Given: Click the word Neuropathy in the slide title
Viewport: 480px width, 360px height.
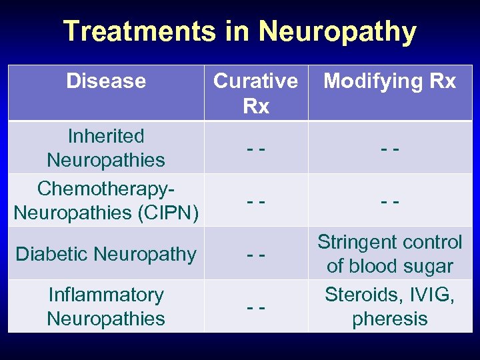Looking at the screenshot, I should pyautogui.click(x=337, y=31).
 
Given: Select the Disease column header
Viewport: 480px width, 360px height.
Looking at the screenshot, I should pyautogui.click(x=106, y=81).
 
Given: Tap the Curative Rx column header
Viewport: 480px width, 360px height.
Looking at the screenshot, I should pyautogui.click(x=256, y=93).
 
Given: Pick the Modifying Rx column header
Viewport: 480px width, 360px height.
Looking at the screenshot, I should pyautogui.click(x=390, y=81).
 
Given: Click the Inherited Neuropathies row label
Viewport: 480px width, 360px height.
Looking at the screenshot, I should pyautogui.click(x=106, y=148).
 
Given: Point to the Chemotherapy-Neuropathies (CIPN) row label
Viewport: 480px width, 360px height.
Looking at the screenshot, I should pyautogui.click(x=106, y=201).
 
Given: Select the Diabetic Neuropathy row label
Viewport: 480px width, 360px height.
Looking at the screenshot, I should pyautogui.click(x=106, y=254).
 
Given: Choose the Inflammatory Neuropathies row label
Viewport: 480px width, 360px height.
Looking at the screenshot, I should pyautogui.click(x=106, y=307).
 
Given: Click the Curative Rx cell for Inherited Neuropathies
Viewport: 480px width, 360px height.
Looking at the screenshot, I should pyautogui.click(x=256, y=148).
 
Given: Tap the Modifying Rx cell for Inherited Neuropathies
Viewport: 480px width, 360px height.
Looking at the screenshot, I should pyautogui.click(x=390, y=148).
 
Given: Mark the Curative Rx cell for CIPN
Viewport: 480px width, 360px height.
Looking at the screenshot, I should pyautogui.click(x=256, y=201).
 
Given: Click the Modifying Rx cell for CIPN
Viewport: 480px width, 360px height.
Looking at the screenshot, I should pyautogui.click(x=390, y=201).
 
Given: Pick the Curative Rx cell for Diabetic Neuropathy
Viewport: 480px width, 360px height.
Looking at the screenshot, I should pyautogui.click(x=256, y=254).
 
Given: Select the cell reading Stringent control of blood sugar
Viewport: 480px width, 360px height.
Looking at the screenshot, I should pyautogui.click(x=390, y=254).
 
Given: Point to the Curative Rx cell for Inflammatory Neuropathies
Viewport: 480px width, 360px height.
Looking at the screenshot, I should pyautogui.click(x=256, y=307).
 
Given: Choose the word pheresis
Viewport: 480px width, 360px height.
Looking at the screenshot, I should pyautogui.click(x=390, y=319).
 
